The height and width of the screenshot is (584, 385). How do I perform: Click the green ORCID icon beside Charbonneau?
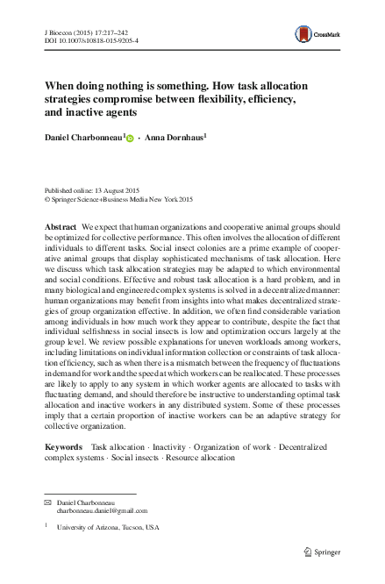131,139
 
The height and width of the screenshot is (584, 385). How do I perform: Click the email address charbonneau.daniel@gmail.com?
102,509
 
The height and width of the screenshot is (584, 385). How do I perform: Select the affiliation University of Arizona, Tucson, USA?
108,528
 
